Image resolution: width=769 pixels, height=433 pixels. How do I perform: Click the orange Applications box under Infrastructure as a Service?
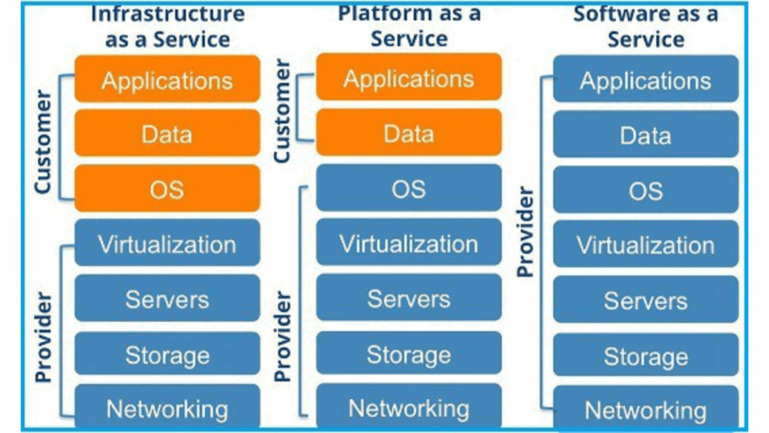tap(167, 80)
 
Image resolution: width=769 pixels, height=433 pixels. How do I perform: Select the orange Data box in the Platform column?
tap(409, 133)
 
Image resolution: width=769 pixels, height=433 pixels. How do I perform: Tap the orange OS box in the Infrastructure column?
tap(167, 189)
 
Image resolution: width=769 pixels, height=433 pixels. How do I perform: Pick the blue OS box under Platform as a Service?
tap(409, 189)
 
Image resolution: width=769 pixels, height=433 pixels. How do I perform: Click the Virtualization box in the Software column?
tap(645, 245)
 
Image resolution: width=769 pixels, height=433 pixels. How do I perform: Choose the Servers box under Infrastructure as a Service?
tap(167, 298)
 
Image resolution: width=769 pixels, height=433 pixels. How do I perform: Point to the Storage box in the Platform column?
tap(409, 354)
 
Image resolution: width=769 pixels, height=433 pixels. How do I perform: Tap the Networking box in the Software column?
tap(645, 410)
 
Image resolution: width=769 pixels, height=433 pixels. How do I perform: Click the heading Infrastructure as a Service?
tap(167, 27)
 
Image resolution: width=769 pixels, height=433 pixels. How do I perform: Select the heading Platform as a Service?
tap(409, 26)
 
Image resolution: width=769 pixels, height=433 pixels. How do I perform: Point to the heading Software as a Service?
tap(645, 26)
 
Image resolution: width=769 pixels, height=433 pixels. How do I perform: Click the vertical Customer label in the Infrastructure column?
tap(44, 141)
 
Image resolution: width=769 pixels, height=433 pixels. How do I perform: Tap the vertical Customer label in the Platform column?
tap(282, 111)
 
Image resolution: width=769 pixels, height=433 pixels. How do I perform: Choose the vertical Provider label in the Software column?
tap(526, 232)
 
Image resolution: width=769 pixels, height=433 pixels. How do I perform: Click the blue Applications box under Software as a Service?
tap(645, 80)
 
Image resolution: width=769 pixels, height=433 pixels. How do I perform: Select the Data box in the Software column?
tap(645, 135)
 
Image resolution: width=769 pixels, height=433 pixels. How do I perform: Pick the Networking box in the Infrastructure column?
tap(167, 408)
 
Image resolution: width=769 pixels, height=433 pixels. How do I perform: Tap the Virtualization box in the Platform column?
tap(409, 244)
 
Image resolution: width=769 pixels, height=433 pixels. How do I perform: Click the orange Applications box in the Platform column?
tap(409, 79)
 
